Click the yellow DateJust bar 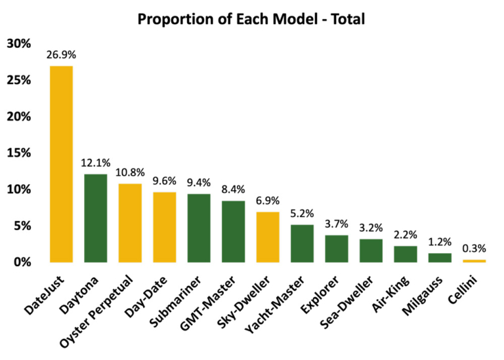(61, 164)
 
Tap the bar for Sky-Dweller (267, 237)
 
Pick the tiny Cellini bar (473, 261)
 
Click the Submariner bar (198, 228)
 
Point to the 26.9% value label (61, 55)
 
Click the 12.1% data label (95, 163)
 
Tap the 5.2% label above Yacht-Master (301, 214)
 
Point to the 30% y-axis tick (19, 44)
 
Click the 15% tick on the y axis (19, 153)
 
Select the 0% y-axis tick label (22, 262)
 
